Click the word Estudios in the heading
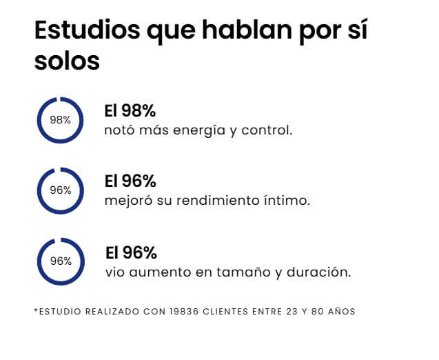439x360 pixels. (88, 30)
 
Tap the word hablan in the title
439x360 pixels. (247, 29)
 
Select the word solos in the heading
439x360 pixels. (68, 61)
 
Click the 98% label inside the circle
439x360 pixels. (60, 120)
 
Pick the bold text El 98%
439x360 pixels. (130, 110)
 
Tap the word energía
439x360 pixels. (199, 130)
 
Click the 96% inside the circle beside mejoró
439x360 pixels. (61, 190)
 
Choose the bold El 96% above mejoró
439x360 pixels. (130, 181)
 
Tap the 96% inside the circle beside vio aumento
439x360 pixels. (61, 261)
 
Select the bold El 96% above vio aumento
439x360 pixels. (131, 252)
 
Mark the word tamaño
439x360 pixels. (243, 272)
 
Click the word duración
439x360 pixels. (319, 272)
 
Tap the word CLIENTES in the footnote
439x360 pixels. (225, 312)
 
